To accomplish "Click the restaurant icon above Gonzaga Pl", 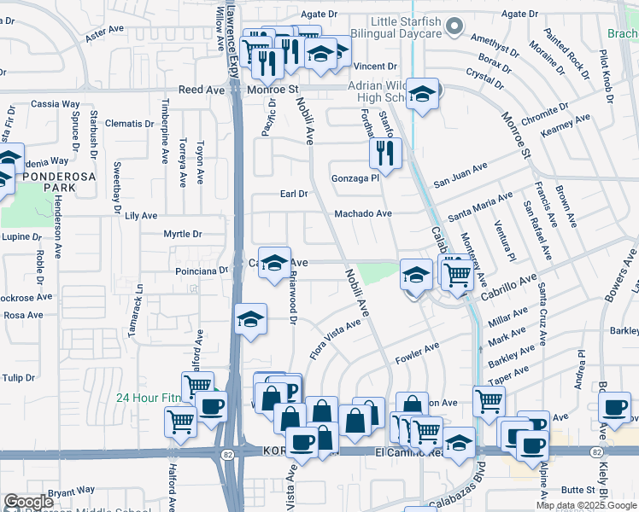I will (385, 154).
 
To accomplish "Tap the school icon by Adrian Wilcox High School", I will (421, 95).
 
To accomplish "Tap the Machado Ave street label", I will (362, 213).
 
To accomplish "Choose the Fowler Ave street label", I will (418, 352).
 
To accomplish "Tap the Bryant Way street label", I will (71, 492).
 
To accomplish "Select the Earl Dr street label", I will (294, 194).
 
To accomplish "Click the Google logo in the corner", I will (29, 502).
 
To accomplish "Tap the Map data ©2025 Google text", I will (586, 505).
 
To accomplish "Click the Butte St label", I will (578, 490).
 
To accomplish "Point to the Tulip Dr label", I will (17, 377).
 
